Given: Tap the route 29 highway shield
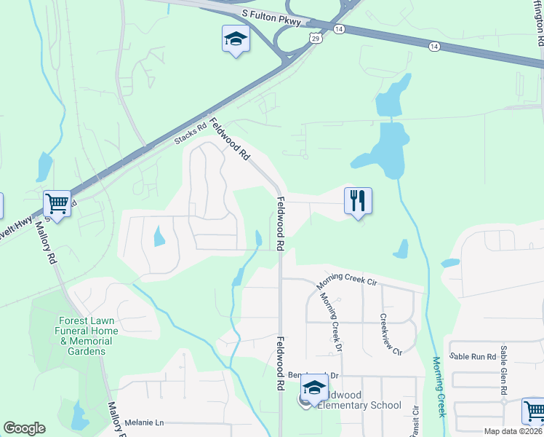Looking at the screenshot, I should point(314,38).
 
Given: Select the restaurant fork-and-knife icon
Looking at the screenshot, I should point(358,200).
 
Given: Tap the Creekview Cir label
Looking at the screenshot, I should point(391,334).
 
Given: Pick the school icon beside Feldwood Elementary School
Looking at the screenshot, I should point(314,389).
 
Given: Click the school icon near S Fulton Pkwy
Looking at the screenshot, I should point(236,38).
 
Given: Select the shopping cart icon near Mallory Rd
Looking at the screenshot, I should point(57,203).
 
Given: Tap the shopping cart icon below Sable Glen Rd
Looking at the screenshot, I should point(534,411).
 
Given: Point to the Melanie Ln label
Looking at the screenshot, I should point(145,422).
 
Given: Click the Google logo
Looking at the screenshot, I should point(24,428).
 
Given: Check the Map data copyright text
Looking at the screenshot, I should point(513,431).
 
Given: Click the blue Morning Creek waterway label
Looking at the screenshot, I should point(439,386).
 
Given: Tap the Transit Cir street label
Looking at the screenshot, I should point(416,421).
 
